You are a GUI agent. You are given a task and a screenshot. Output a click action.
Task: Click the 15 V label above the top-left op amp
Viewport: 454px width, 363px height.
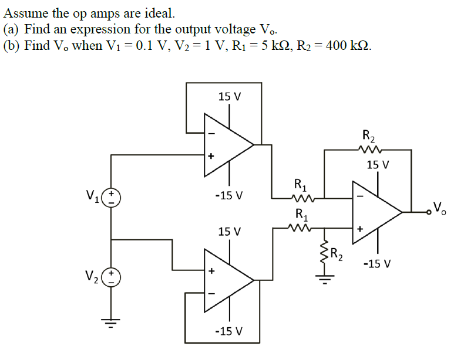229,96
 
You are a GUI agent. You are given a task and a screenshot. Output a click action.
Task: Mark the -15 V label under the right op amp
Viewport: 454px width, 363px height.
376,263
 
